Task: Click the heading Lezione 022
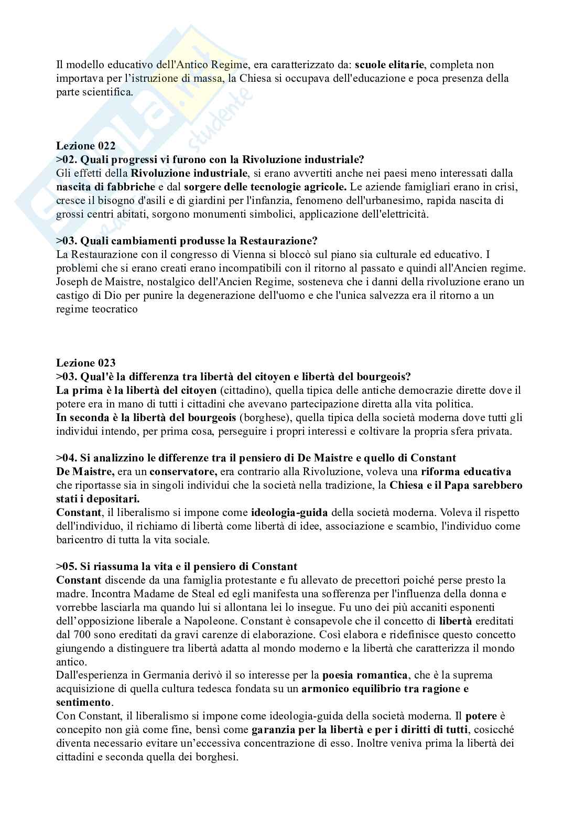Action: (x=86, y=146)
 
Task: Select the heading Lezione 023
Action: (x=86, y=363)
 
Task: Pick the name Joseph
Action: (x=71, y=282)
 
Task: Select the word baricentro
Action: (x=79, y=540)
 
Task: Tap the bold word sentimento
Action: (x=83, y=702)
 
